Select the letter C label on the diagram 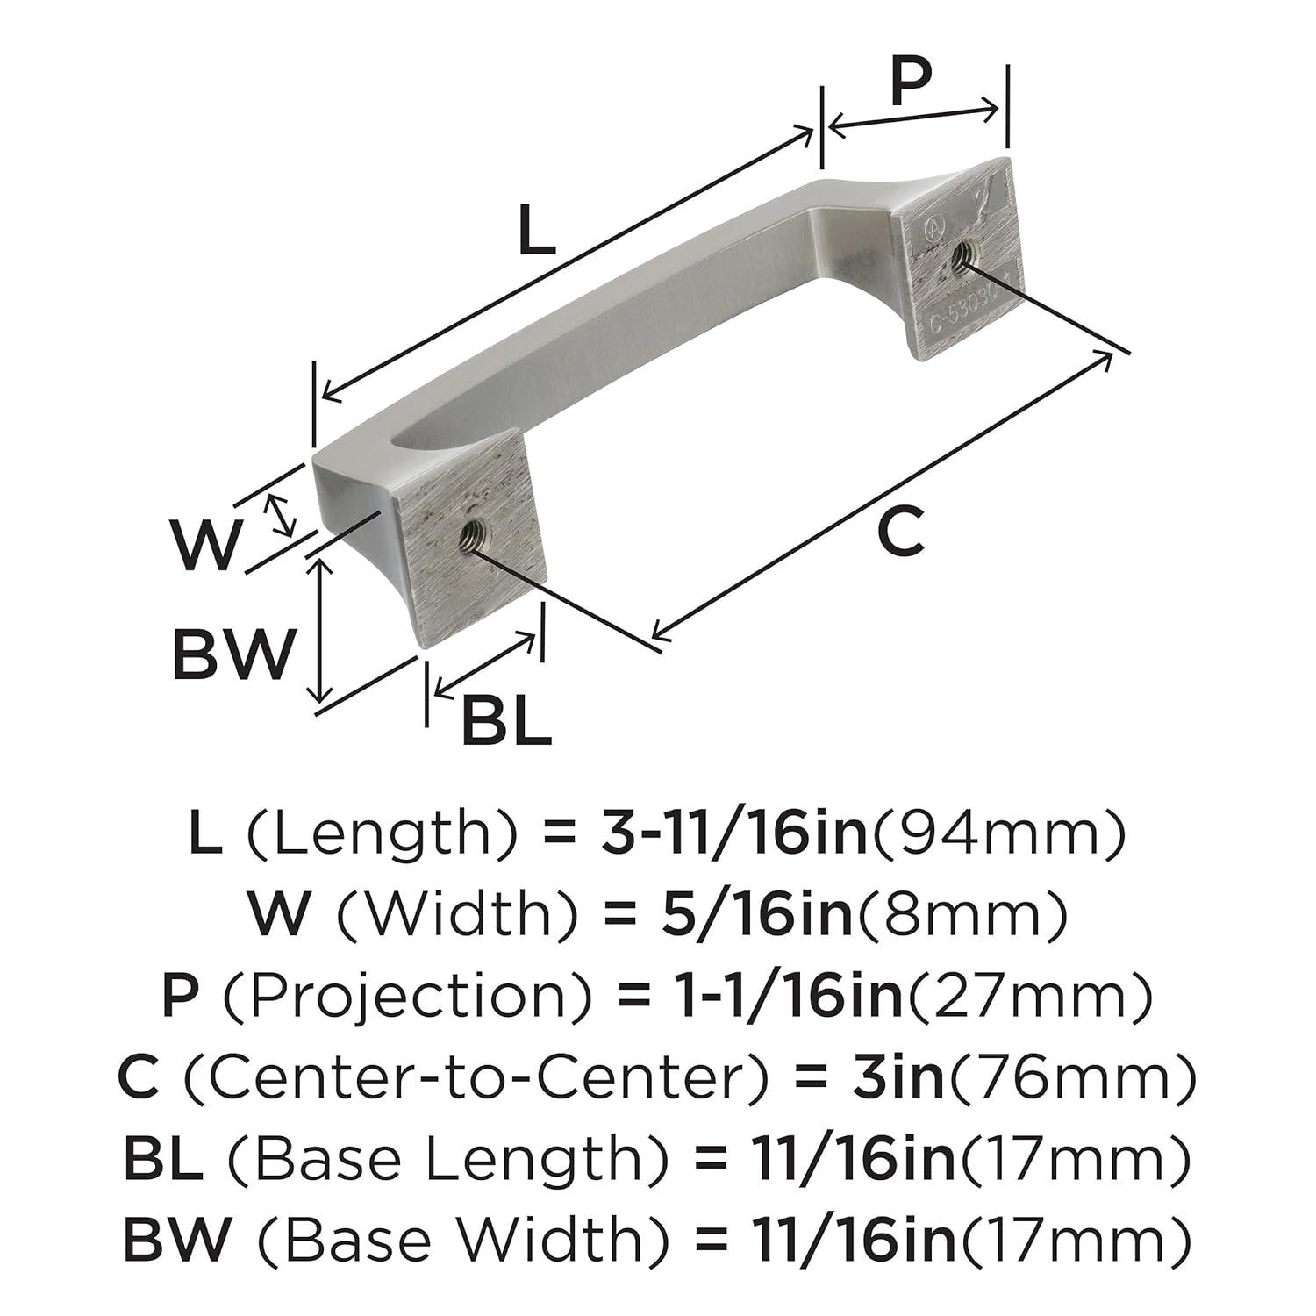(x=901, y=532)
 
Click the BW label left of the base (x=232, y=653)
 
